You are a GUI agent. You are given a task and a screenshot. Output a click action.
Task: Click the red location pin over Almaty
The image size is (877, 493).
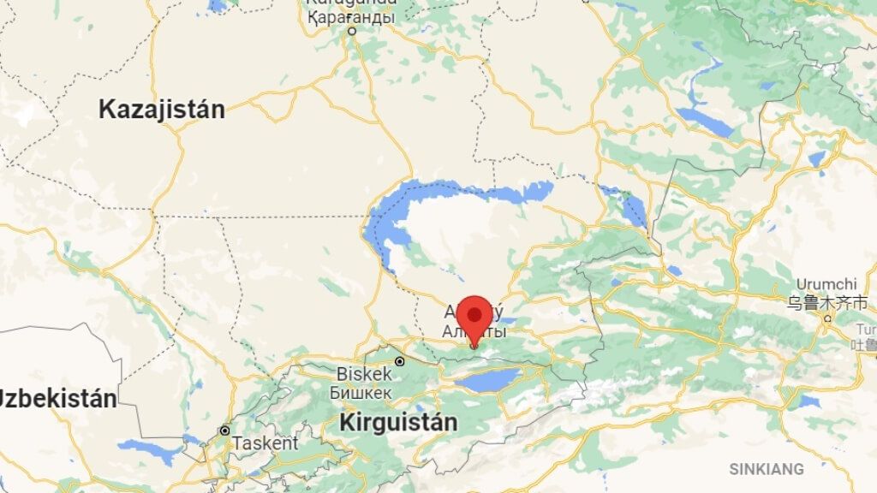coord(474,318)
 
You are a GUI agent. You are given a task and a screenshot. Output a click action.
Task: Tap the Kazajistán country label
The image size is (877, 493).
coord(161,110)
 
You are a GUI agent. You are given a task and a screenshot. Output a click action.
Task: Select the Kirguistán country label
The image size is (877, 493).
coord(398,422)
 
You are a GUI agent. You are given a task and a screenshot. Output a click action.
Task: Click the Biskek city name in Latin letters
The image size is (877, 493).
coord(364,374)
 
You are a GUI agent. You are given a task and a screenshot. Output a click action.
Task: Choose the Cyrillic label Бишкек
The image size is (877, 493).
coord(361,392)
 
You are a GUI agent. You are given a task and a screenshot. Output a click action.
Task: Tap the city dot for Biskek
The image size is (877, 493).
coord(399,362)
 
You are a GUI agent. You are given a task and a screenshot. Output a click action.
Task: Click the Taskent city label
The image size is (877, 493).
coord(265,443)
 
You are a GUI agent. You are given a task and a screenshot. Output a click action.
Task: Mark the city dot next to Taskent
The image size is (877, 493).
coord(224,431)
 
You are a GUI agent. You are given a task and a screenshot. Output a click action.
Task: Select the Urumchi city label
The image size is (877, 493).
coord(826,284)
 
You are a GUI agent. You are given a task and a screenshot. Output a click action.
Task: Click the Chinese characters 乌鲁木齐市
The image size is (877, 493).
coord(828,302)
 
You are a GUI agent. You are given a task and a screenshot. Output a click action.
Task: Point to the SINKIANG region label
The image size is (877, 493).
coord(767,469)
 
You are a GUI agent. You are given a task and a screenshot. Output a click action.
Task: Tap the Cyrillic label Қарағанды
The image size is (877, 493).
coord(351,17)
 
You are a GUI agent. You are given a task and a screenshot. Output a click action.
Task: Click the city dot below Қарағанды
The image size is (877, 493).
coord(351,32)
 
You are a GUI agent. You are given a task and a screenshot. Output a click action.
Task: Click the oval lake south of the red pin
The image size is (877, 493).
coord(488,380)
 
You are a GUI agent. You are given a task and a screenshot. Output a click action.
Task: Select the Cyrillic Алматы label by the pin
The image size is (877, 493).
coord(474,331)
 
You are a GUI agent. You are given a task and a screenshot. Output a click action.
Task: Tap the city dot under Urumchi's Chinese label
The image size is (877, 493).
coord(827,318)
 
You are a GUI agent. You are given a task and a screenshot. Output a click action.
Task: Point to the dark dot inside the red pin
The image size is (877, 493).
coord(474,313)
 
